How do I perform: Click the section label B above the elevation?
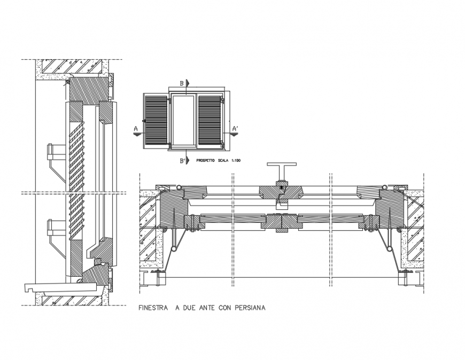click(x=181, y=83)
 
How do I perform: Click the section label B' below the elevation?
click(x=182, y=160)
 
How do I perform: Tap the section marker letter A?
click(x=136, y=129)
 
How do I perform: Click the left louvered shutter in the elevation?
click(x=156, y=121)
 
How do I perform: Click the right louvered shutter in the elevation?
click(x=210, y=121)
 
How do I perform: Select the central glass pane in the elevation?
click(x=183, y=121)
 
